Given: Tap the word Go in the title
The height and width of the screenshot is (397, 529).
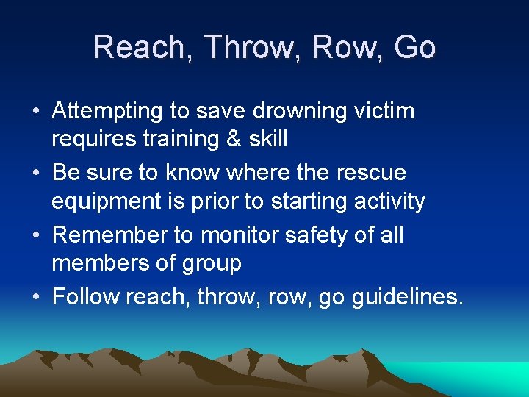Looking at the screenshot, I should pyautogui.click(x=414, y=48).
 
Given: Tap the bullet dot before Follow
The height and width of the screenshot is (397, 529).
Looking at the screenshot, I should pyautogui.click(x=35, y=298).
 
